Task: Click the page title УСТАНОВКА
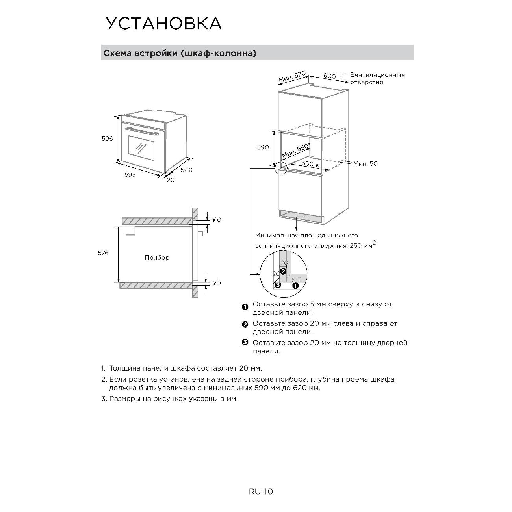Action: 163,24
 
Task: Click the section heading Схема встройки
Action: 179,53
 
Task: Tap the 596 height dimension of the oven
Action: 108,139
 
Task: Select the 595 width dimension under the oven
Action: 130,174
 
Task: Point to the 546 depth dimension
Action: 186,170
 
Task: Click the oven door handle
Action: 142,130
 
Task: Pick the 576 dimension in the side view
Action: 103,253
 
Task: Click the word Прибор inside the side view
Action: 157,258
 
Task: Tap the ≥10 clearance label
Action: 217,220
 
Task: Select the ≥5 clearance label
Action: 217,282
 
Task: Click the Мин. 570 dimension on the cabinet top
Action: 292,77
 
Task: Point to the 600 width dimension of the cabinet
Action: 329,76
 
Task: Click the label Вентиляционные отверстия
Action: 377,78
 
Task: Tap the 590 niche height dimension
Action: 263,147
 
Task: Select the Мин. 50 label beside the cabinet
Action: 365,163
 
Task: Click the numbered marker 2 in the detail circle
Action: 283,271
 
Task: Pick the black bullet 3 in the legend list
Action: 245,342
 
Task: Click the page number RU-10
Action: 261,492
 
